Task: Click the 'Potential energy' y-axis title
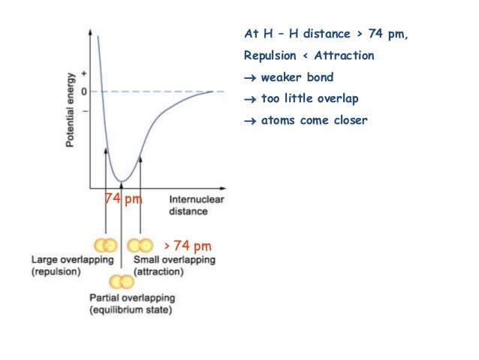click(x=69, y=110)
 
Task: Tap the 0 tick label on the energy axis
click(x=84, y=92)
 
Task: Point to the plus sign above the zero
click(x=84, y=73)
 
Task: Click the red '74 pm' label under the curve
click(x=123, y=199)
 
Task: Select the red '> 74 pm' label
click(x=187, y=246)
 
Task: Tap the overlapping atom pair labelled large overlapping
click(x=105, y=246)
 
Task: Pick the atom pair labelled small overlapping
click(x=140, y=246)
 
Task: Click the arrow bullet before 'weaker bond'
click(x=250, y=78)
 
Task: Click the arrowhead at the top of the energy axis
click(x=91, y=34)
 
